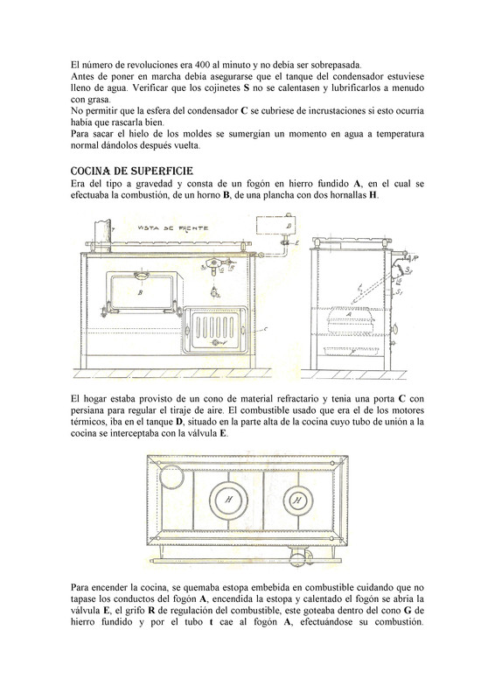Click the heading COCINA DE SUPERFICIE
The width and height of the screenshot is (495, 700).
(x=132, y=171)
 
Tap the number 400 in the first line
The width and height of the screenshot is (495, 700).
(x=204, y=65)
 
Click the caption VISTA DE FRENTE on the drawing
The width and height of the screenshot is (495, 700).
(x=172, y=228)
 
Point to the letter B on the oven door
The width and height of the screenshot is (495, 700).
(x=140, y=293)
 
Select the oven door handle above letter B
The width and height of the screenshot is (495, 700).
(x=140, y=274)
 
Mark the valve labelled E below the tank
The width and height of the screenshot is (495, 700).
(x=284, y=242)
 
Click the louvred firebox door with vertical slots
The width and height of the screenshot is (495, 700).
(x=214, y=330)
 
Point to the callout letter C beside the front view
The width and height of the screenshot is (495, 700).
(x=266, y=329)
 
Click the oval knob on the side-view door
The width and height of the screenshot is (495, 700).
(x=394, y=329)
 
